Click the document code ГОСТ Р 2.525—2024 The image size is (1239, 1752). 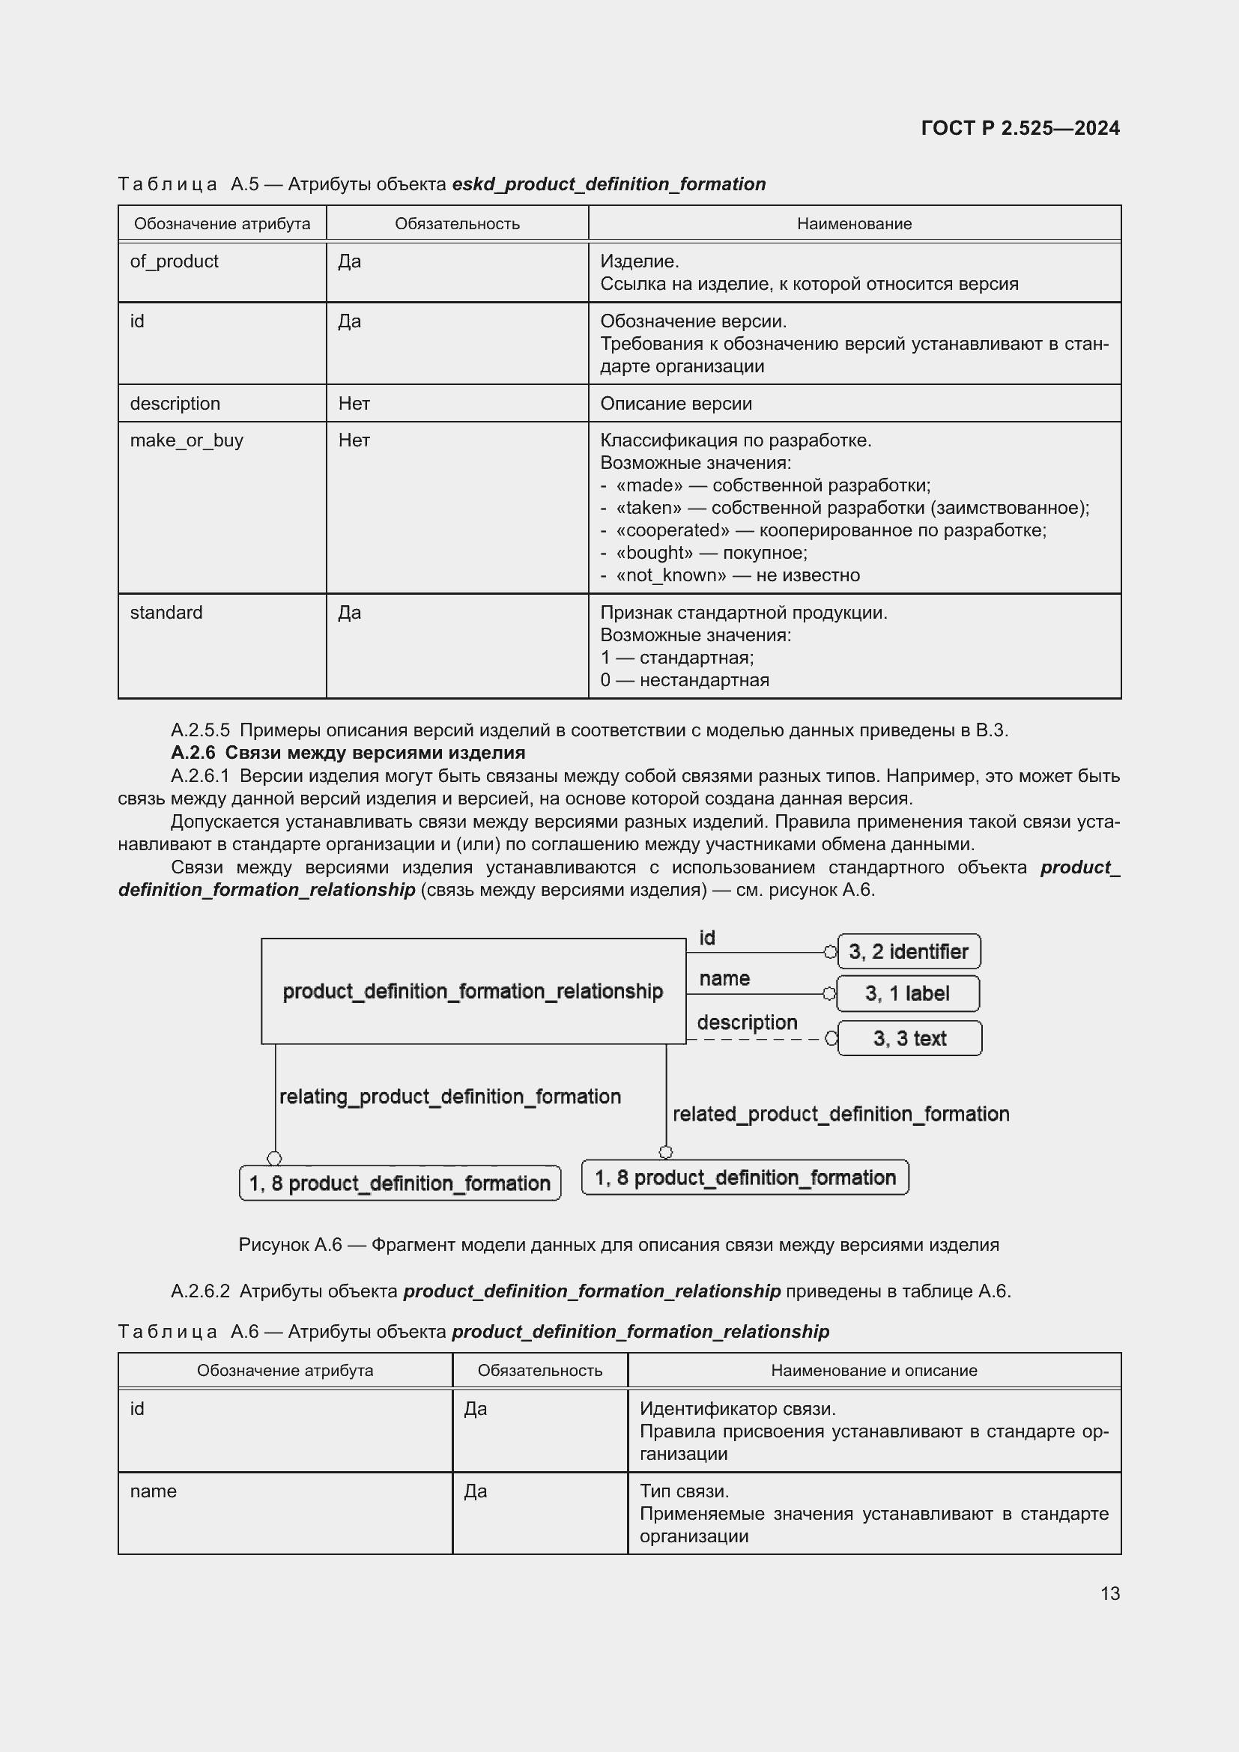tap(1020, 128)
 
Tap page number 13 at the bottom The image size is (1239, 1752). tap(1110, 1593)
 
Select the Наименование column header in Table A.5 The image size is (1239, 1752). tap(854, 223)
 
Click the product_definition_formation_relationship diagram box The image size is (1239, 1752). tap(473, 991)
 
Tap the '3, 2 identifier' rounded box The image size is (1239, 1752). tap(908, 951)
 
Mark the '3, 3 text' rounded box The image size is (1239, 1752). tap(909, 1038)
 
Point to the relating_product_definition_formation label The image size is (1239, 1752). tap(450, 1097)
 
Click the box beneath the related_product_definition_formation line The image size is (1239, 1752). tap(745, 1177)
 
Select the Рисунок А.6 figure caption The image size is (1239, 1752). tap(618, 1246)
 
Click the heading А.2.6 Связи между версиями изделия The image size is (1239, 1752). tap(348, 753)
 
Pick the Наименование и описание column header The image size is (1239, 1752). tap(873, 1371)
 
